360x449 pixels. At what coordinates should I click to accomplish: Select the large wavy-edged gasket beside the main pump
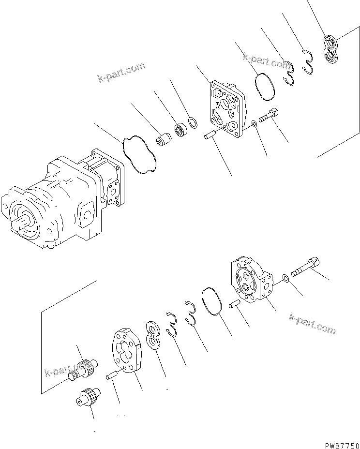[x=140, y=153]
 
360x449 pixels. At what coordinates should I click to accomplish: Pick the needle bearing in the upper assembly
[x=181, y=129]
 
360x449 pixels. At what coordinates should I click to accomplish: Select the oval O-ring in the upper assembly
[x=264, y=87]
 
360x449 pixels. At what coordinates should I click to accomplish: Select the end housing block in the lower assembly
[x=252, y=281]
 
